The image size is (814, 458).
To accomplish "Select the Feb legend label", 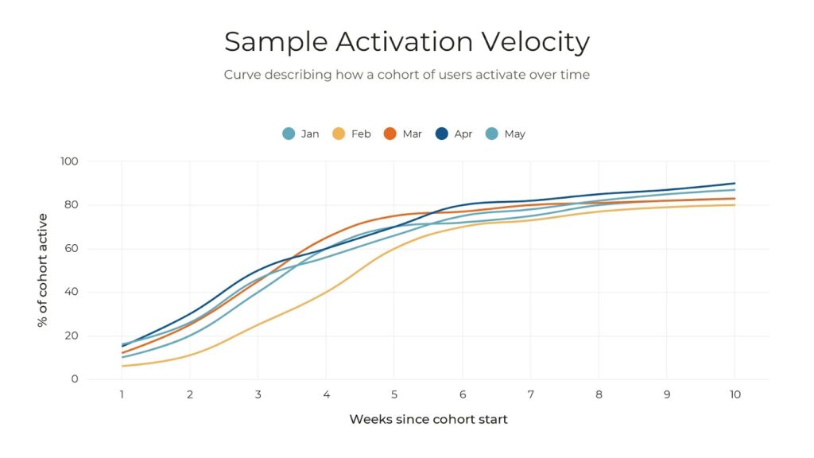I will pos(361,134).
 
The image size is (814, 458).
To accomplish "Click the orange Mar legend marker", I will pos(390,134).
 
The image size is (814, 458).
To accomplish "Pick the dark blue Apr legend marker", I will pos(441,134).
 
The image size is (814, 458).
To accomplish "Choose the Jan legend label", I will pos(310,134).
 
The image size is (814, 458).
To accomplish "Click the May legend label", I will pos(514,134).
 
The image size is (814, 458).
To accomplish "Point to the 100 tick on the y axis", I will pos(69,161).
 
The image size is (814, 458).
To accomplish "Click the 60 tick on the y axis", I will pos(72,249).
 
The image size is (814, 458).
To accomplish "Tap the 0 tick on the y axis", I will pos(75,379).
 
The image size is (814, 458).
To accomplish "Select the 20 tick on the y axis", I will pos(72,336).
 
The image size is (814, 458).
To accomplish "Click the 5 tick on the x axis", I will pos(394,394).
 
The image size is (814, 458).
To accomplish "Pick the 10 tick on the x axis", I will pos(735,394).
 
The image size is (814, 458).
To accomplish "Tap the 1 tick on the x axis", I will pos(122,394).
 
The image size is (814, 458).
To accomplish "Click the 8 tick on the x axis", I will pos(599,394).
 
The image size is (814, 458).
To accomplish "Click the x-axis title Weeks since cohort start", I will pos(428,419).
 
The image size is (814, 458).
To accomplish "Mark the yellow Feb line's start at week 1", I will pos(122,366).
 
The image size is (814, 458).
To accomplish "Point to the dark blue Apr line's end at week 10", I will pos(735,184).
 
